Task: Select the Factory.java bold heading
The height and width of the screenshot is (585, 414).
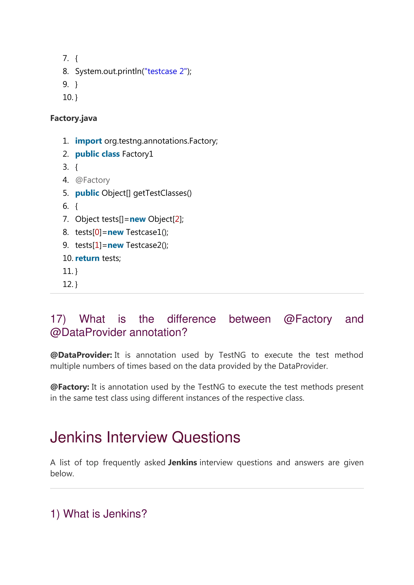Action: (x=73, y=118)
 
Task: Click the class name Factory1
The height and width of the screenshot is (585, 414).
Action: (x=138, y=154)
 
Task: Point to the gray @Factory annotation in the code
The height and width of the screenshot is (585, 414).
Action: (x=93, y=180)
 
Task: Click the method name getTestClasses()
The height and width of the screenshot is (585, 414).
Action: (x=162, y=193)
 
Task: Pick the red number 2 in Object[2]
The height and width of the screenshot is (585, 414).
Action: (x=177, y=219)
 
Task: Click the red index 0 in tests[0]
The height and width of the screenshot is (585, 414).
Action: (x=97, y=232)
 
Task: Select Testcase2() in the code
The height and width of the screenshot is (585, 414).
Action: (x=147, y=245)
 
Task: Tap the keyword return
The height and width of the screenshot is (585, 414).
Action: (x=87, y=258)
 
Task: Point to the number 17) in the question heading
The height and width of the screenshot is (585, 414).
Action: (x=58, y=319)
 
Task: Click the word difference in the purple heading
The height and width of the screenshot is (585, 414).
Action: (x=191, y=319)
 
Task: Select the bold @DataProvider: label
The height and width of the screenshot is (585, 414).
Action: (x=81, y=355)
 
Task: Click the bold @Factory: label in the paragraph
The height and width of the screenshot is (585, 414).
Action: (x=70, y=387)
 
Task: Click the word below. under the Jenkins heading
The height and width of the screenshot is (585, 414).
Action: (x=62, y=473)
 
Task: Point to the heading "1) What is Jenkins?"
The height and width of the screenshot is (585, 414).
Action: (x=99, y=514)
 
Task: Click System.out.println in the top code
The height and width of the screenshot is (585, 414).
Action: (x=108, y=71)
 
